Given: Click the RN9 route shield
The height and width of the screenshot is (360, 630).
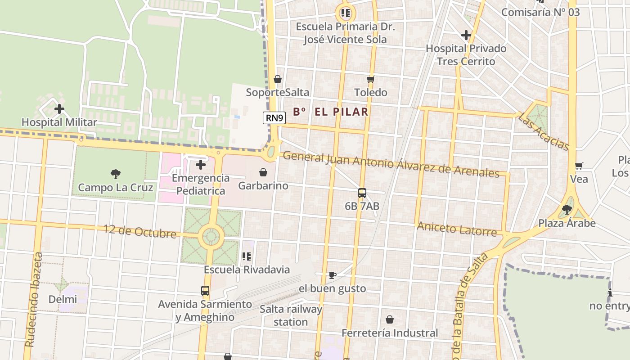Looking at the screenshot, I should [274, 118].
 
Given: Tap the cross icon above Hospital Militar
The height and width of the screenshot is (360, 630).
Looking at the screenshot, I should [59, 109].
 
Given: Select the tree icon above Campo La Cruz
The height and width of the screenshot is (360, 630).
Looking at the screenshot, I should [116, 174].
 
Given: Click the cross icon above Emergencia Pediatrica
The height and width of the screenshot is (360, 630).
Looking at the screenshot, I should [201, 165].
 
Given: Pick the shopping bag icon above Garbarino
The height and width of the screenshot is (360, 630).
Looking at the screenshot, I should [263, 172].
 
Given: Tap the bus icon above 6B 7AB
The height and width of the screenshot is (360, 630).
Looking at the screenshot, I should [362, 193].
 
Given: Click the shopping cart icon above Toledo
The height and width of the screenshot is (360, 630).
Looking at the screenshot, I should [370, 79].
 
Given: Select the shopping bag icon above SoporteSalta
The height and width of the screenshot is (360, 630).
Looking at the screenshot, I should [278, 79].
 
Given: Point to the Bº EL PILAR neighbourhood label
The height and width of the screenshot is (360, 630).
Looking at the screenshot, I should [331, 112].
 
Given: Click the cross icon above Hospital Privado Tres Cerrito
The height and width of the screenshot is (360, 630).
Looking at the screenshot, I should [466, 35].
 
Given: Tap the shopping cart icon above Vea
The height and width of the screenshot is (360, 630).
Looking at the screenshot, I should [579, 166].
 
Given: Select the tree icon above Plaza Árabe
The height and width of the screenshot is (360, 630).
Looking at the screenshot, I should [567, 209].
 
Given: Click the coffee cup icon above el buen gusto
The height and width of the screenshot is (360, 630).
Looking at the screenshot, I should [332, 275].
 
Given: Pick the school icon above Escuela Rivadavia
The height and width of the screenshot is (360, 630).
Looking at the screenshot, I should [247, 256].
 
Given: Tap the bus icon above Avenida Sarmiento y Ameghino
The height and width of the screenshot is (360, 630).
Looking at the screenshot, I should [205, 291].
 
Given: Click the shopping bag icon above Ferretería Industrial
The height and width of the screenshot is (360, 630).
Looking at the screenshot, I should [390, 319].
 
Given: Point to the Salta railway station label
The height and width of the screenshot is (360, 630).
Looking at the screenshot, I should [291, 315].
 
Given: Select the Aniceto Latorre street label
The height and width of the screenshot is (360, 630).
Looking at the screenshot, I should [456, 229].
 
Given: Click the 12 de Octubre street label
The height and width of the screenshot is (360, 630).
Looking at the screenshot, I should [140, 231].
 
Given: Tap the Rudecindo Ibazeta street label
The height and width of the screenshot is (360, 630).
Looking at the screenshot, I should [34, 299].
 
